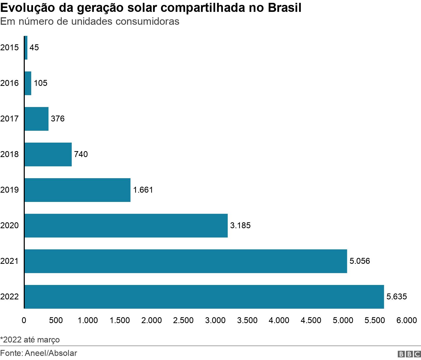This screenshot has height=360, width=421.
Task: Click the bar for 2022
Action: (x=204, y=297)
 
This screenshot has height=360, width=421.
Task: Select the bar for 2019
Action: (x=77, y=190)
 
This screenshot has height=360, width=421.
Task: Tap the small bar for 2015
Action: (x=26, y=48)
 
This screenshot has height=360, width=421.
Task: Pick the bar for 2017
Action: (x=36, y=119)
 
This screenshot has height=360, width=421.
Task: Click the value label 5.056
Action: (x=360, y=261)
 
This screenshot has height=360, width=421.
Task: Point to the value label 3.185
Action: (x=240, y=225)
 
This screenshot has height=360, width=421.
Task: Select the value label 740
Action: (x=81, y=154)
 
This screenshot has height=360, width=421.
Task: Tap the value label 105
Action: (x=41, y=83)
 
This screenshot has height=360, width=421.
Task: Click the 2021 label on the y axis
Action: (x=10, y=261)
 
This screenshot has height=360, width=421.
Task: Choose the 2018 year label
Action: (x=10, y=154)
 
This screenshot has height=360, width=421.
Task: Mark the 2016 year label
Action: (x=10, y=83)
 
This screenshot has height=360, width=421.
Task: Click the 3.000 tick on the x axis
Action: (x=215, y=320)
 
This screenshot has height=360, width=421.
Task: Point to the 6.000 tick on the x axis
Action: (x=407, y=320)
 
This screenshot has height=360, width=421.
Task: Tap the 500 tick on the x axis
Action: (x=56, y=320)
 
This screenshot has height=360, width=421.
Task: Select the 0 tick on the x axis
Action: (x=24, y=320)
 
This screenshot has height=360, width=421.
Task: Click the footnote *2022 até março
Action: (x=30, y=340)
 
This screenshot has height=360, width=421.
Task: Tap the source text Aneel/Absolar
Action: (x=51, y=353)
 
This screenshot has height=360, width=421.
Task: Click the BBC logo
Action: (x=409, y=354)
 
